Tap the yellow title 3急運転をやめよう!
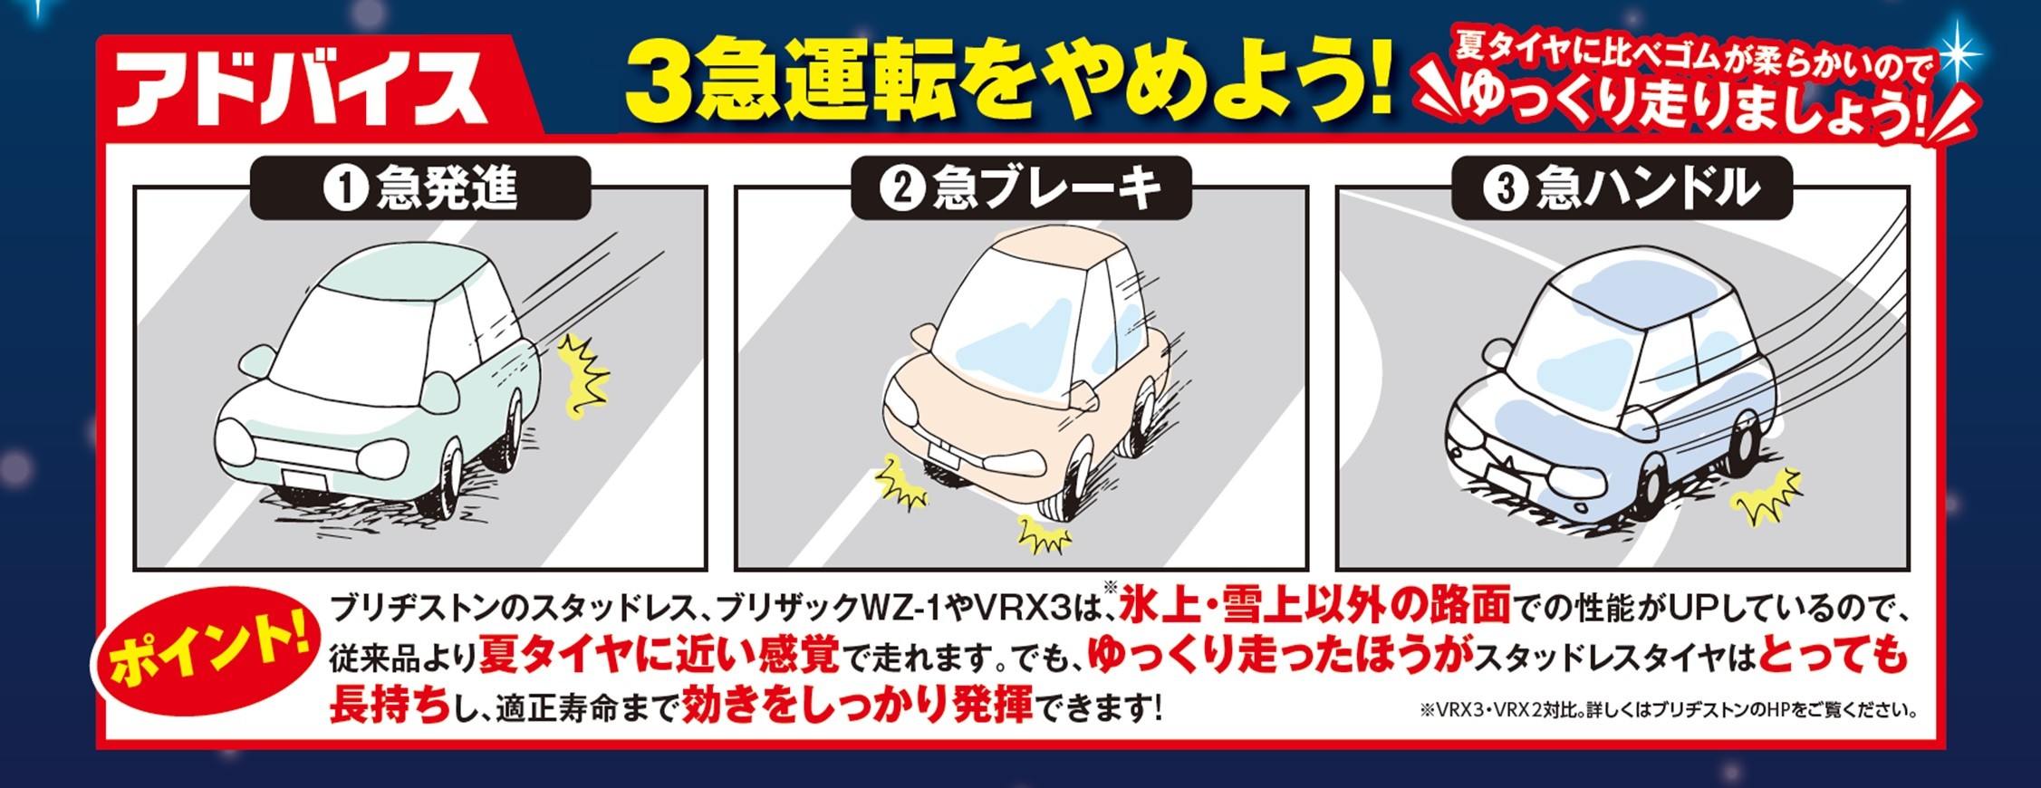pos(1007,82)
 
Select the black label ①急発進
pos(420,188)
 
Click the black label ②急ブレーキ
pos(1021,188)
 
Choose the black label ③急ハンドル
pos(1622,188)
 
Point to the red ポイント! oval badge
pos(207,650)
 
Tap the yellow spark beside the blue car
pos(1765,496)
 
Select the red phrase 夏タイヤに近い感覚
pos(659,654)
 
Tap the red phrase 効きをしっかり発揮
pos(857,704)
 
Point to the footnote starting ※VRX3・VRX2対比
pos(1668,710)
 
